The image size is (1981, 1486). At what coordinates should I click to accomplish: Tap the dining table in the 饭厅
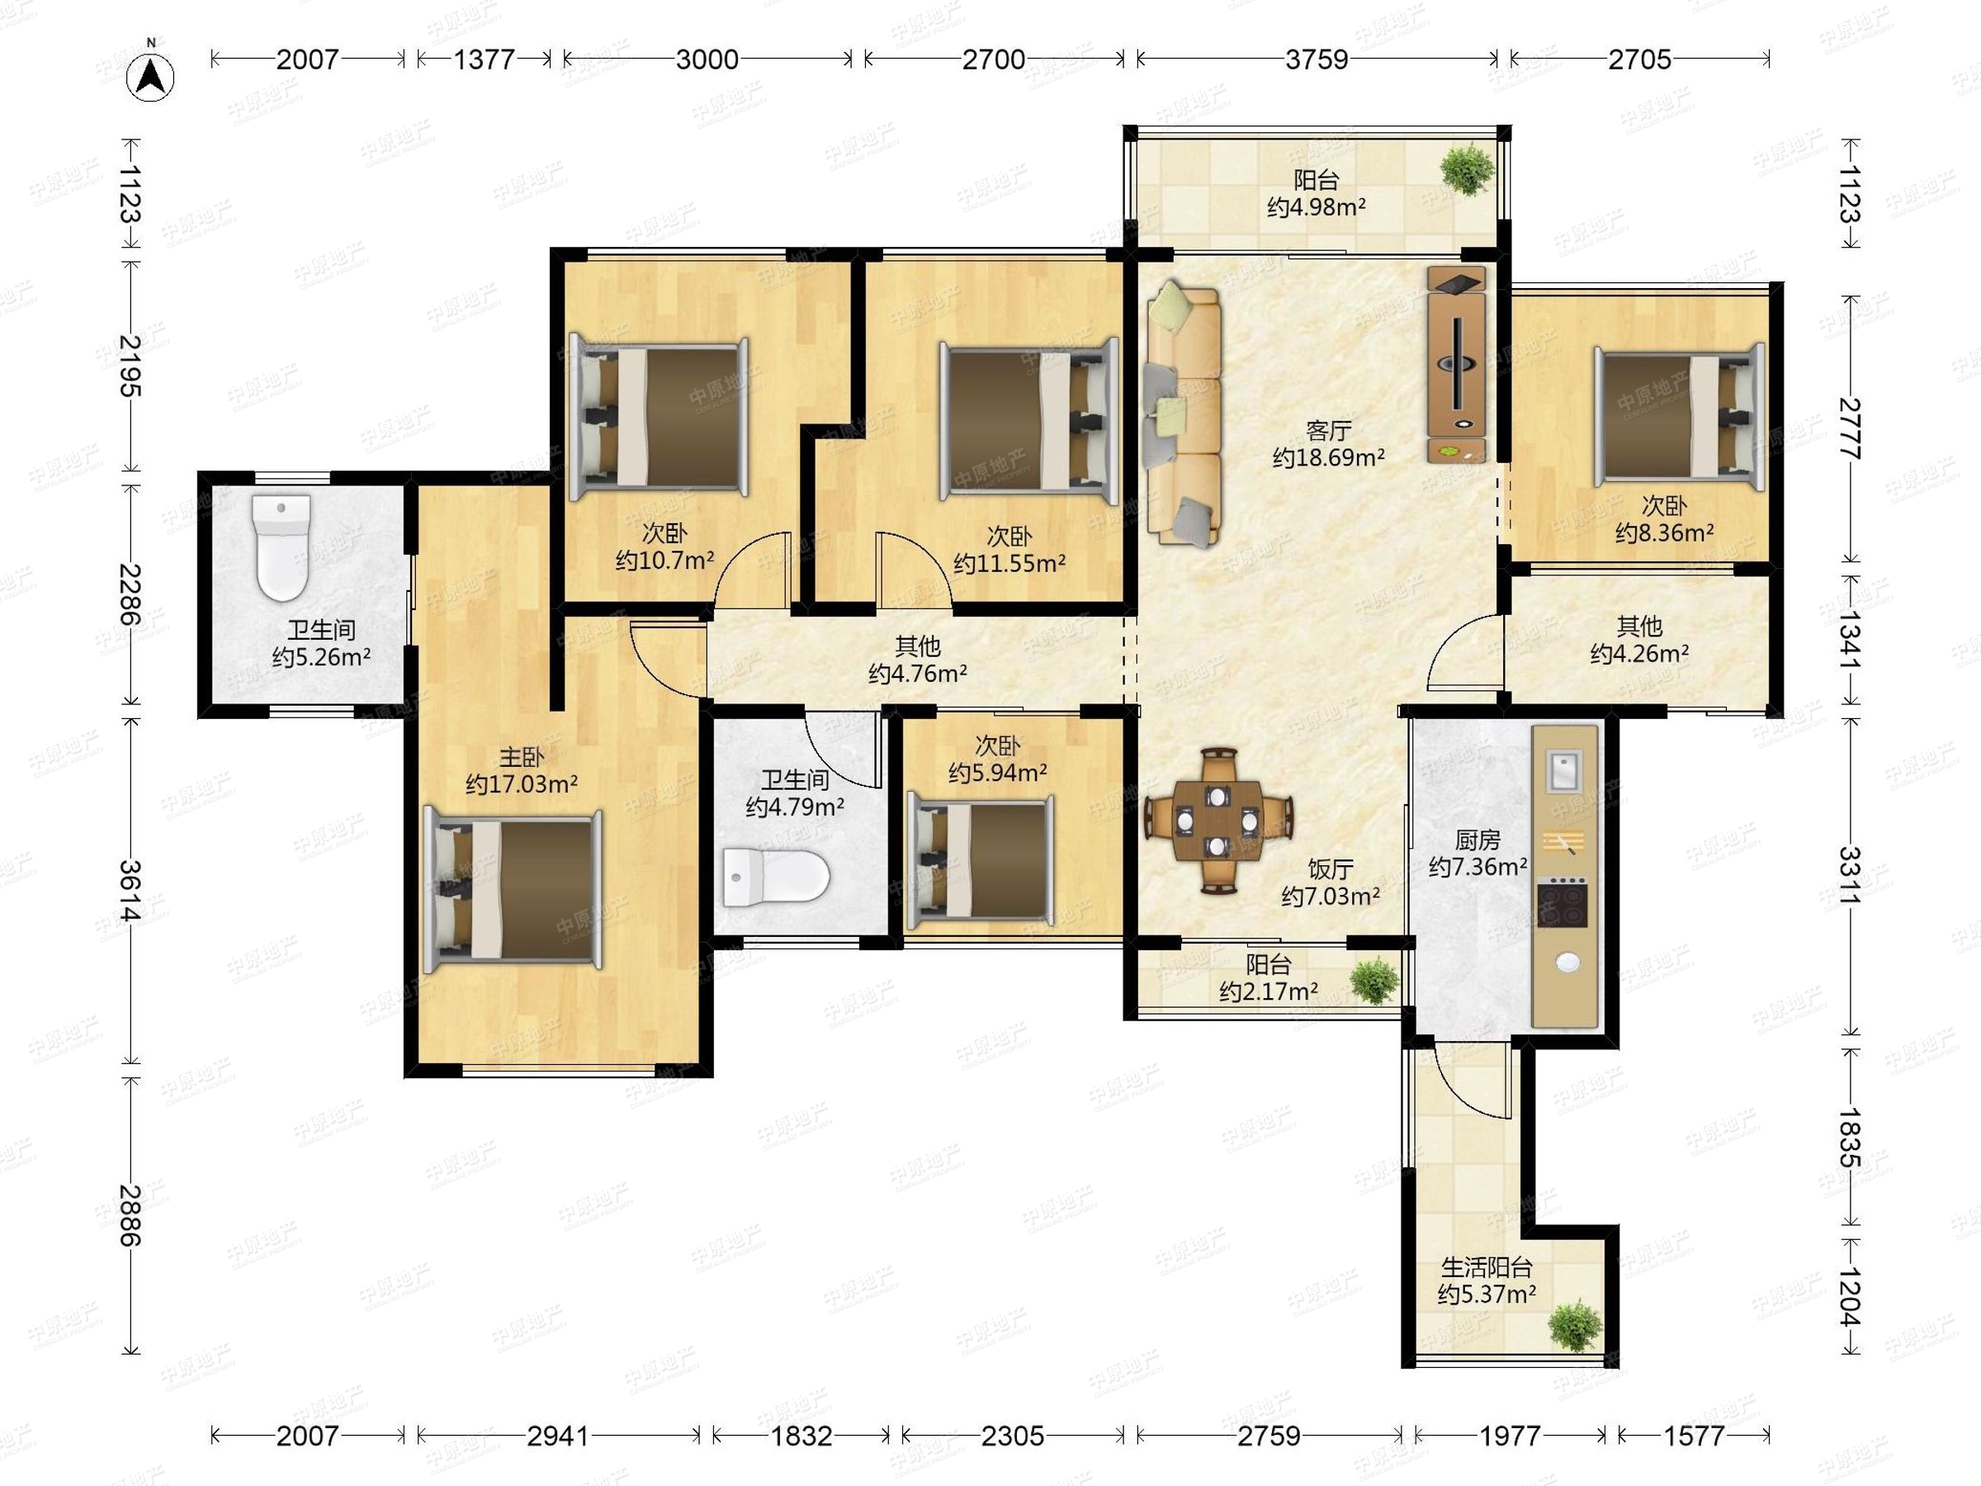tap(1218, 821)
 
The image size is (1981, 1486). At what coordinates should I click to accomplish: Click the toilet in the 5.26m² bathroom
tap(281, 547)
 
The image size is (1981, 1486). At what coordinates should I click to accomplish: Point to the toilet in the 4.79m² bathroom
tap(776, 876)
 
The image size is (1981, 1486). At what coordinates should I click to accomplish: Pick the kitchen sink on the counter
tap(1563, 770)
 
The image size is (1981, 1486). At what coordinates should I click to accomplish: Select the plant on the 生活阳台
tap(1573, 1326)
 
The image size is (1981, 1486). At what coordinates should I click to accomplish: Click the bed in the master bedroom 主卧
tap(513, 888)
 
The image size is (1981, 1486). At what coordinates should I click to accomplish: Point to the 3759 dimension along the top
tap(1317, 59)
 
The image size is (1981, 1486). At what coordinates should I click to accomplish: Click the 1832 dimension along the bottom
tap(801, 1436)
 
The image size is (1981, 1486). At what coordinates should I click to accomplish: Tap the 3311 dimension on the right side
tap(1850, 875)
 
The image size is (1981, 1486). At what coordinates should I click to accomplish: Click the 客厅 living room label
tap(1328, 431)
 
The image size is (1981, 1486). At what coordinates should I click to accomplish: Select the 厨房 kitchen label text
tap(1477, 840)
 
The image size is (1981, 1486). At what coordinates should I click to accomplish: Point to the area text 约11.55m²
tap(1009, 563)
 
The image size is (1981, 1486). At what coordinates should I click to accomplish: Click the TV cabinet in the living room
tap(1456, 364)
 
